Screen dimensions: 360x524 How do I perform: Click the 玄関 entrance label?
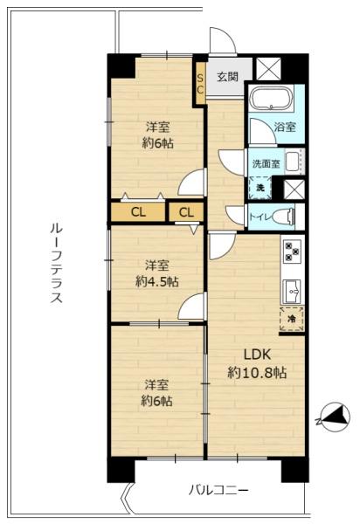(227, 77)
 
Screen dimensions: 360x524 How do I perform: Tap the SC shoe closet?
(200, 84)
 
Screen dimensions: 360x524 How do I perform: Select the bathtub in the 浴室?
(272, 99)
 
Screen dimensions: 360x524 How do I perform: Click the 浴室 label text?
(285, 127)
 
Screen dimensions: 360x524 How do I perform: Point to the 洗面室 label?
(267, 164)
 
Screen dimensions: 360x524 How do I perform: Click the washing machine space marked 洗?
(260, 188)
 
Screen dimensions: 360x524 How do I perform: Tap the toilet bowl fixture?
(284, 217)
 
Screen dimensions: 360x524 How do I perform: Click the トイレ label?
(259, 217)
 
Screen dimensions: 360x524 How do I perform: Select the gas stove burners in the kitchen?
(292, 251)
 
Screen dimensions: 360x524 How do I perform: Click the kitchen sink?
(292, 292)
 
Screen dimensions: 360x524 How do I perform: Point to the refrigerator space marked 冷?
(292, 319)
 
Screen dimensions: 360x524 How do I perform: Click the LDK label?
(257, 355)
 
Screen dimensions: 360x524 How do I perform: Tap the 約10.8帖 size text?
(257, 372)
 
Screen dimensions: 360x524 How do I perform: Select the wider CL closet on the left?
(138, 212)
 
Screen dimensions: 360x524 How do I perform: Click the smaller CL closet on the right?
(186, 212)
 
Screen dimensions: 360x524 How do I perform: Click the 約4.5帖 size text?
(156, 282)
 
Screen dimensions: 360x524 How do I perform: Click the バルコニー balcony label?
(219, 491)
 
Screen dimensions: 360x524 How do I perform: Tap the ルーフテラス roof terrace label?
(56, 263)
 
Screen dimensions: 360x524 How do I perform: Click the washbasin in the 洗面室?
(294, 162)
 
